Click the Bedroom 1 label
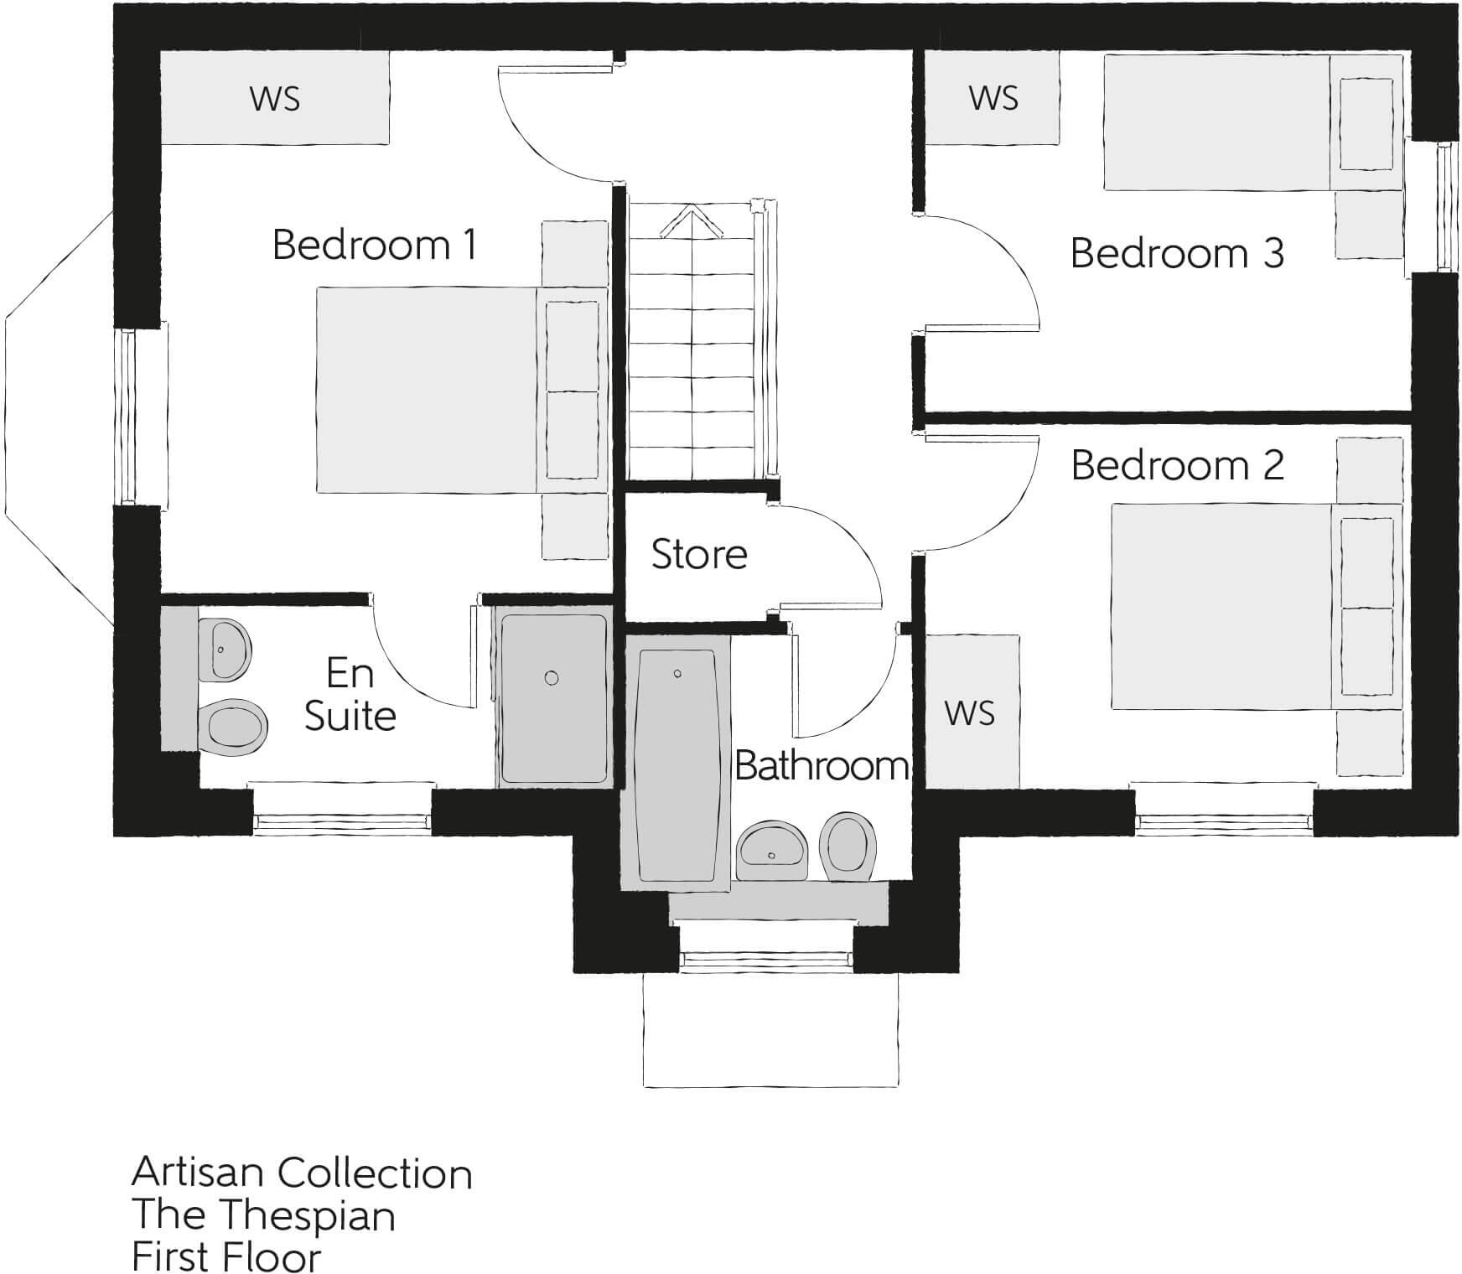click(x=375, y=245)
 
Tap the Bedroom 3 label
click(x=1177, y=253)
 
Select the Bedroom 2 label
click(x=1177, y=465)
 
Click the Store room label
click(x=699, y=554)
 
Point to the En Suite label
click(x=350, y=695)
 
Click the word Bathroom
click(x=822, y=765)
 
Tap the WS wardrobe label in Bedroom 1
click(x=274, y=99)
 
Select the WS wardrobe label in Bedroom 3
click(x=993, y=98)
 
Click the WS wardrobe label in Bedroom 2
click(x=969, y=713)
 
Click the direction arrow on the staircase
click(x=692, y=222)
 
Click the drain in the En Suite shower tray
click(x=552, y=678)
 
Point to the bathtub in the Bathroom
click(x=677, y=765)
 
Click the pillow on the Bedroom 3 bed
click(x=1366, y=124)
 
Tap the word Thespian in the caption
click(x=313, y=1215)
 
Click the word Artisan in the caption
click(x=198, y=1173)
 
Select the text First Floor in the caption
click(x=226, y=1257)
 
